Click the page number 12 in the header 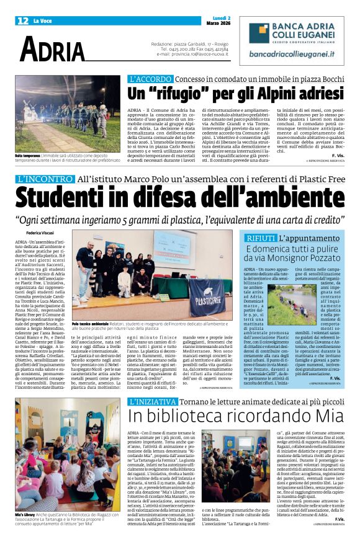point(22,21)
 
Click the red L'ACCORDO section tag point(150,79)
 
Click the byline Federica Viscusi point(39,234)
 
